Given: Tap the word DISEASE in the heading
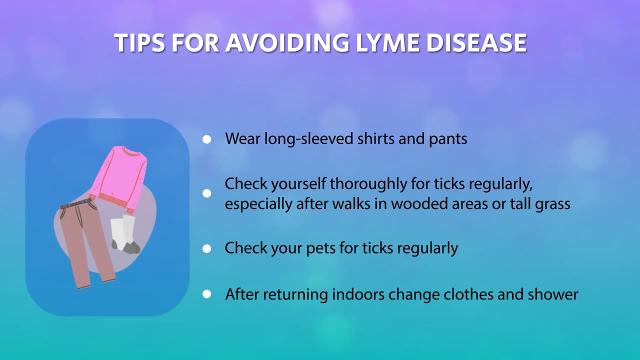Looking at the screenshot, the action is (x=476, y=43).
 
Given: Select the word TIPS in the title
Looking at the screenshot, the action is (x=139, y=43).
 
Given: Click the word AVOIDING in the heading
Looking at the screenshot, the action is (x=287, y=43).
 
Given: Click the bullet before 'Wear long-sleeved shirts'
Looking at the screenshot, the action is (x=207, y=139).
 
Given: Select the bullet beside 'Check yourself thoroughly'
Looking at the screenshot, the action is (x=207, y=193).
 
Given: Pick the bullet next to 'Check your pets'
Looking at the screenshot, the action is (x=207, y=248).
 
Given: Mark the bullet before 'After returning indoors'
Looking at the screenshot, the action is (x=207, y=294).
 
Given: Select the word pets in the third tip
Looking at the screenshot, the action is (x=320, y=248).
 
